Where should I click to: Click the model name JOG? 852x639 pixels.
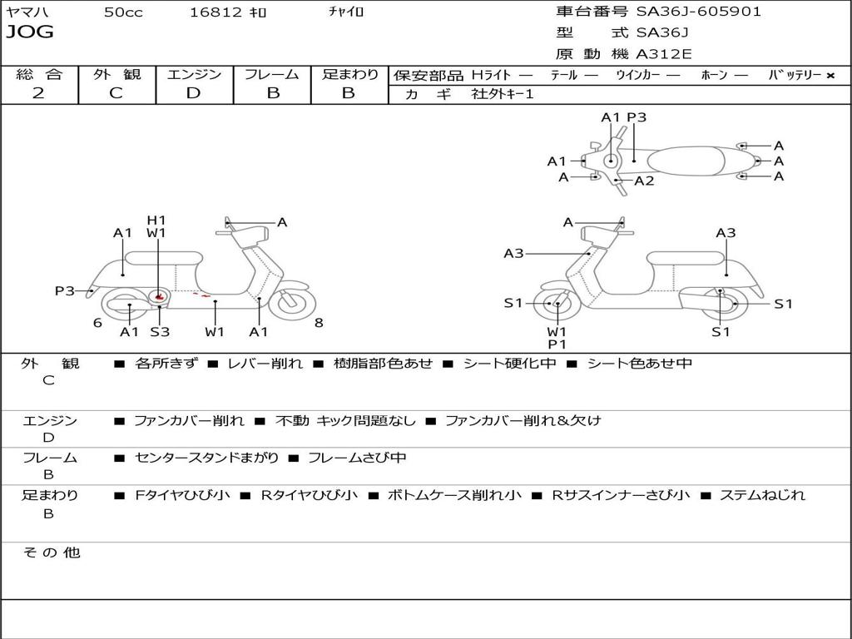(30, 33)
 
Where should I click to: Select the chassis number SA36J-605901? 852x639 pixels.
(698, 12)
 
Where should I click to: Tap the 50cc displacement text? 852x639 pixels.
(123, 12)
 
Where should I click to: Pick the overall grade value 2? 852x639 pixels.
(38, 93)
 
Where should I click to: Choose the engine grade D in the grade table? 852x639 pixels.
(193, 93)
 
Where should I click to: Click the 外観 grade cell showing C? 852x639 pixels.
(116, 93)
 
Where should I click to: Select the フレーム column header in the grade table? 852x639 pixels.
(272, 75)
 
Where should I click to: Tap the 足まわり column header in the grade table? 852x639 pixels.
(350, 75)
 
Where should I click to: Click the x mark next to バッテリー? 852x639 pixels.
(830, 76)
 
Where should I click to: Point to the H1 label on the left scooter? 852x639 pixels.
(156, 220)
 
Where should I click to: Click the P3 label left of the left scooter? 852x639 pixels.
(65, 290)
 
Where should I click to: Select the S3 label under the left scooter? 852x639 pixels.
(160, 332)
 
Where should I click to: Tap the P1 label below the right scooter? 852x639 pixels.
(557, 344)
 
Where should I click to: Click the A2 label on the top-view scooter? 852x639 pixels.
(644, 181)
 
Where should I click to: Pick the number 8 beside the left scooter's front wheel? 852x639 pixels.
(319, 323)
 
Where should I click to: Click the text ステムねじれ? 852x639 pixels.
(762, 495)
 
